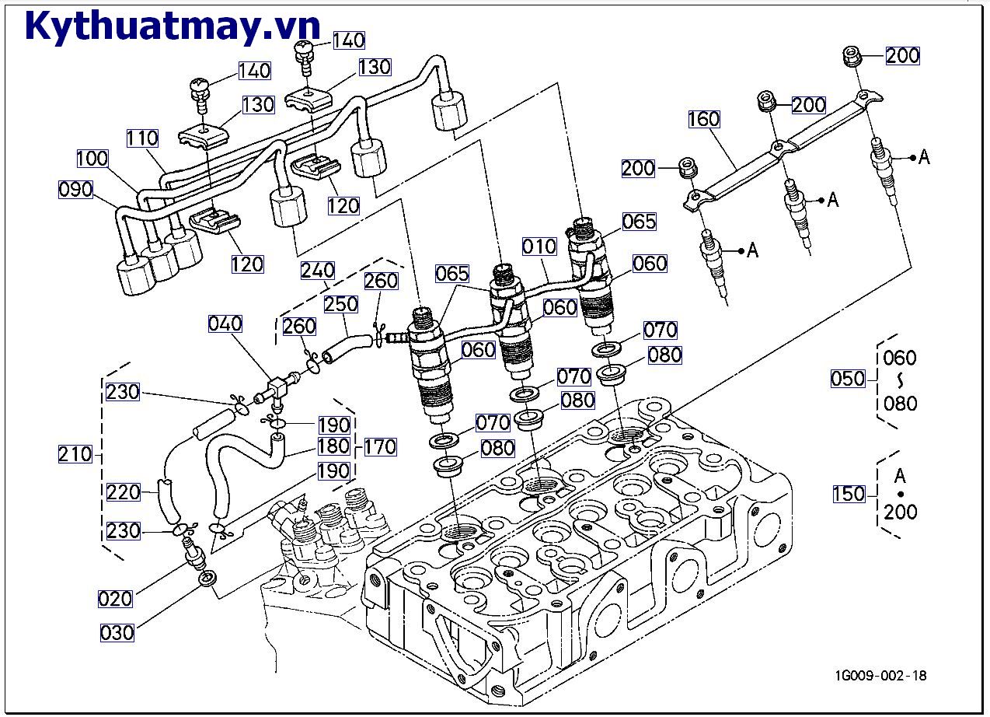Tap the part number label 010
click(x=539, y=247)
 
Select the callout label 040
click(x=225, y=324)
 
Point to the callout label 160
click(x=704, y=120)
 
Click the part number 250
click(x=341, y=303)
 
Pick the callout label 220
click(x=124, y=491)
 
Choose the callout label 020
click(x=115, y=598)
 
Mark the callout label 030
click(x=117, y=632)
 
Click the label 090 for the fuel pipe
click(x=75, y=190)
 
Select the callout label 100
click(x=92, y=159)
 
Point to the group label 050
click(x=848, y=379)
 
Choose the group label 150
click(x=848, y=493)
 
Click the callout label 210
click(x=75, y=454)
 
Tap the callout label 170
click(x=379, y=446)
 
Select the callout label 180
click(x=333, y=446)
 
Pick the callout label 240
click(x=318, y=270)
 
